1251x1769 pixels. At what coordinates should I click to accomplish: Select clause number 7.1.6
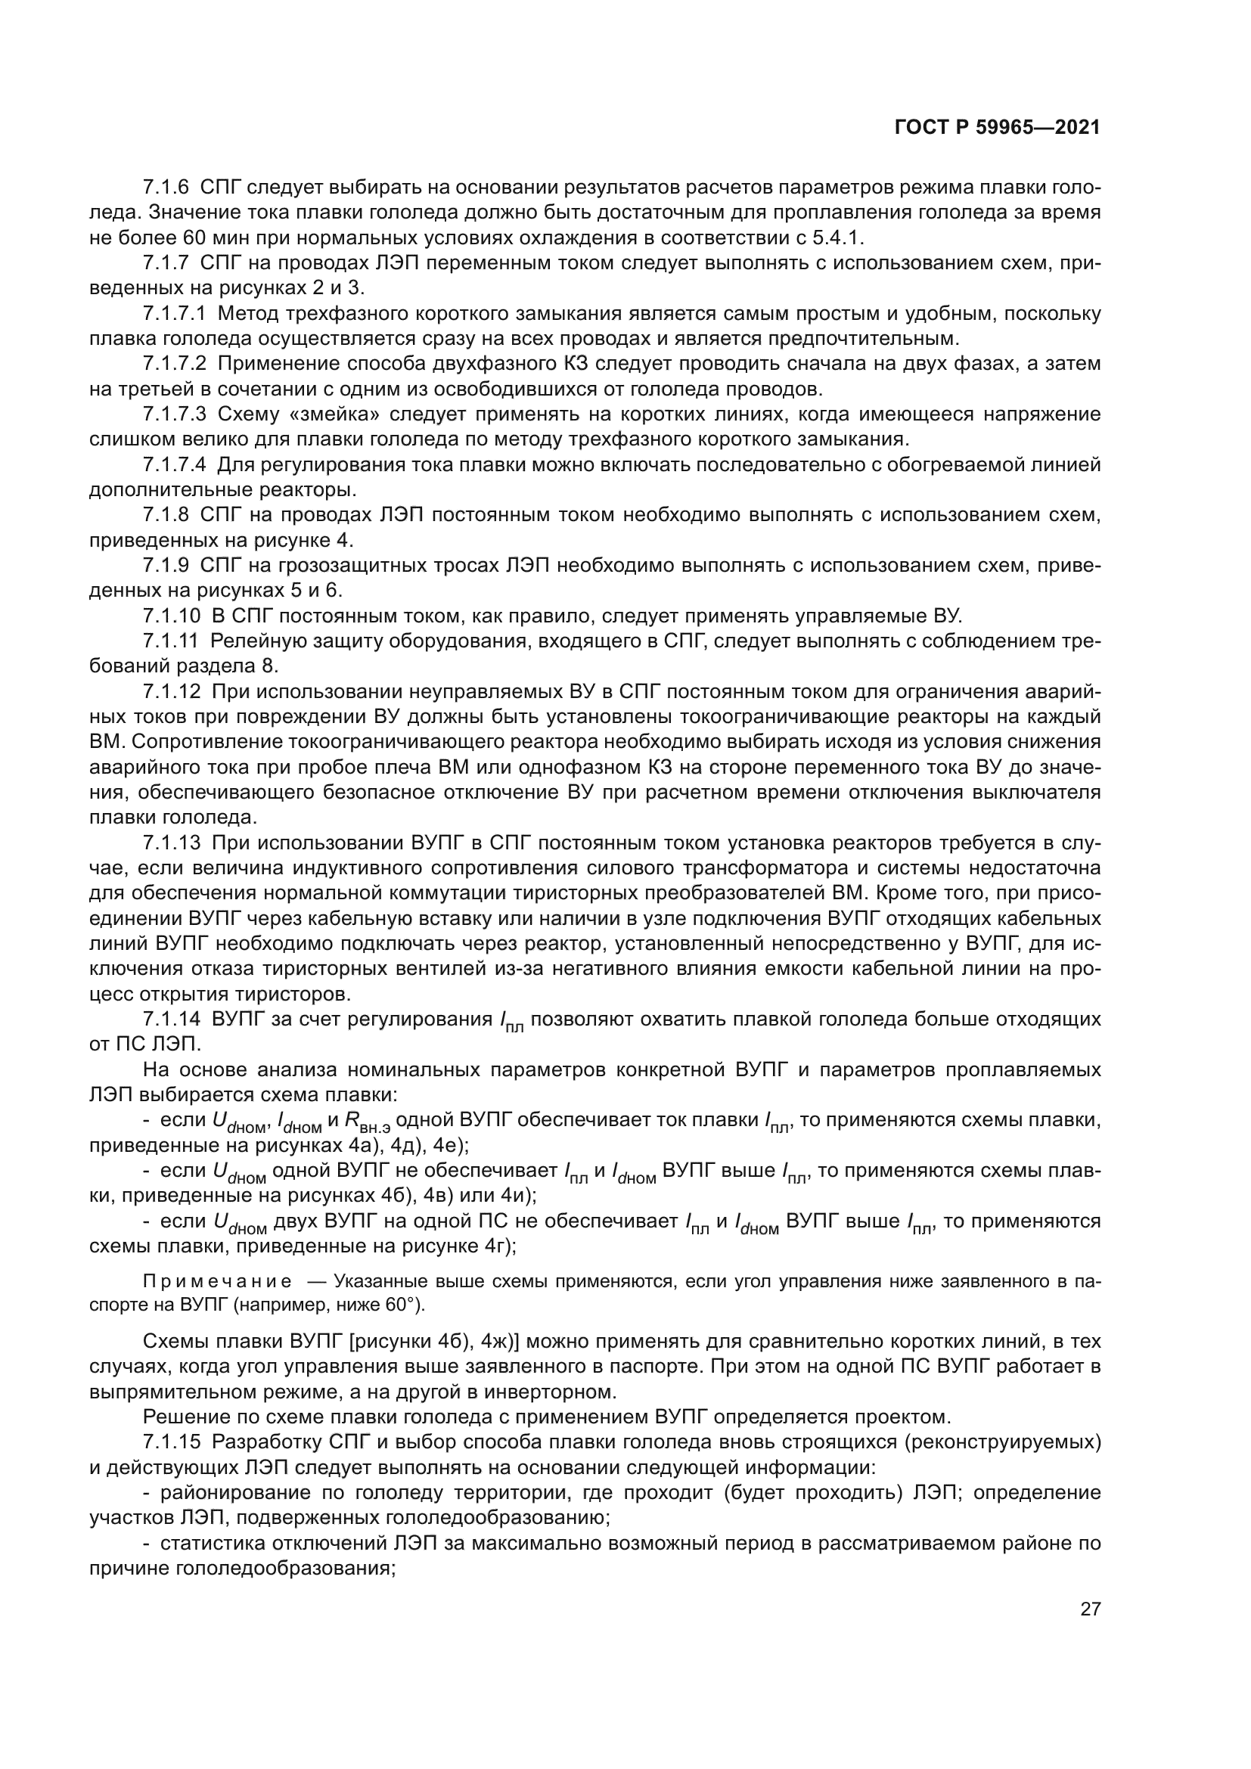[x=166, y=188]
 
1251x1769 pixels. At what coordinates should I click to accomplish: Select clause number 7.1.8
[x=166, y=515]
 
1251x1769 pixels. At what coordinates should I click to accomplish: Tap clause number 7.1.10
[x=170, y=616]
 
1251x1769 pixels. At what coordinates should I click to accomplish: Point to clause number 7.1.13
[x=170, y=843]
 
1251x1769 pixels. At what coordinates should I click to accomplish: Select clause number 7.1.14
[x=170, y=1020]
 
